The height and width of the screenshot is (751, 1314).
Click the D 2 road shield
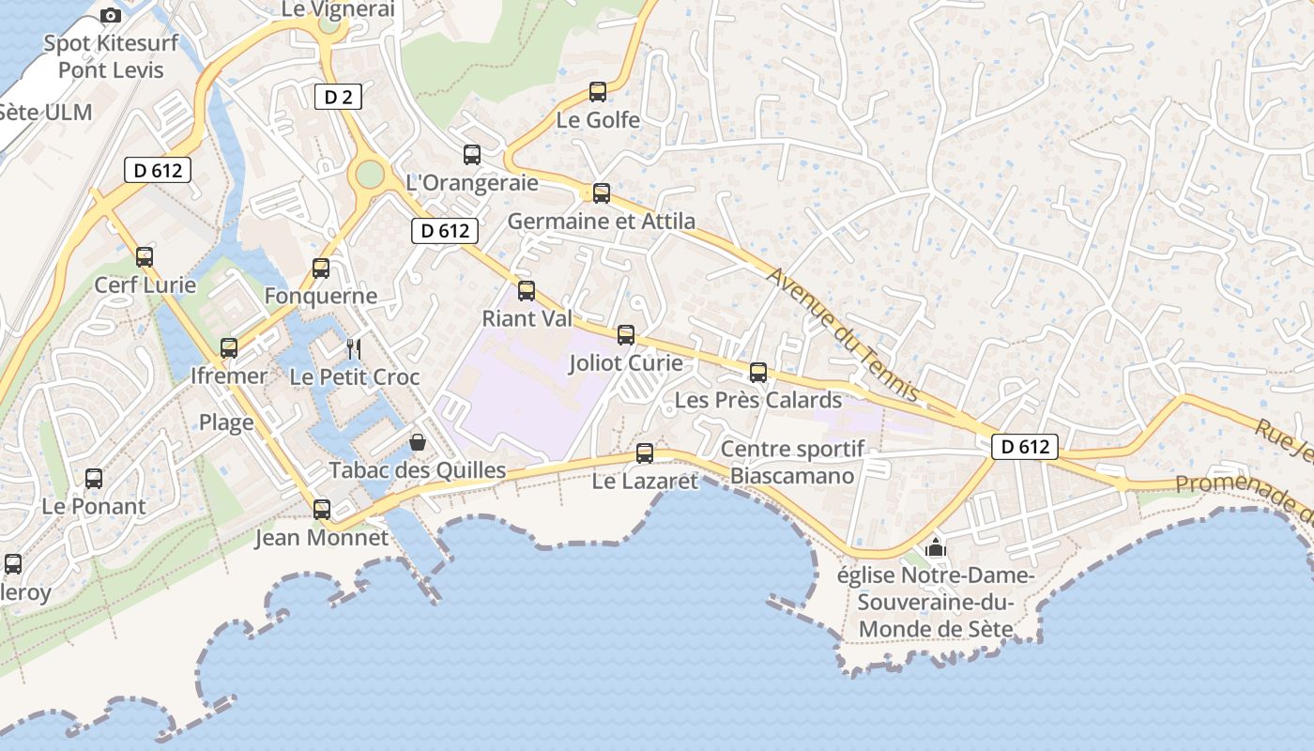pos(337,96)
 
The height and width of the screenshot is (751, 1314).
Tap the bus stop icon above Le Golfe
pos(598,92)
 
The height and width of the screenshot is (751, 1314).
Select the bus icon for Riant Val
pos(527,291)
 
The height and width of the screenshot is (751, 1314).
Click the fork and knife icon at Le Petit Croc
pos(354,349)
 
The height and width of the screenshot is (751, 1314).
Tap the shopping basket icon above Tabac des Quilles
pos(418,442)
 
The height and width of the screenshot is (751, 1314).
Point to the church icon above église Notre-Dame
pos(935,547)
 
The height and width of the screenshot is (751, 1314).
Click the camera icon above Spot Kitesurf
pos(111,16)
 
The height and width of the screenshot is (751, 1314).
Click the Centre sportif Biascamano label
pos(792,463)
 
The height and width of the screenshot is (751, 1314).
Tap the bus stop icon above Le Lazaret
pos(645,453)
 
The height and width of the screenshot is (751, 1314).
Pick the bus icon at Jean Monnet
pos(322,510)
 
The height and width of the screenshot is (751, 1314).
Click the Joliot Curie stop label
pos(625,363)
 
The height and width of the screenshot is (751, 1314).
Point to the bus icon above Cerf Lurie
pos(145,257)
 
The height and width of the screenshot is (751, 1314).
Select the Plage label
pos(226,422)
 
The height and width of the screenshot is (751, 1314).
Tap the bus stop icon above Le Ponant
pos(94,479)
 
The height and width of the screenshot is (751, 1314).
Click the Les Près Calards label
pos(758,400)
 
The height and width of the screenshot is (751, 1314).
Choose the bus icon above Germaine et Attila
pos(602,193)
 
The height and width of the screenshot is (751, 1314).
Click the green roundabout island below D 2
pos(371,174)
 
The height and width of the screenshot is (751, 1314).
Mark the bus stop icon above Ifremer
pos(229,348)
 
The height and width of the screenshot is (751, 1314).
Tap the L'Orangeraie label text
pos(472,183)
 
